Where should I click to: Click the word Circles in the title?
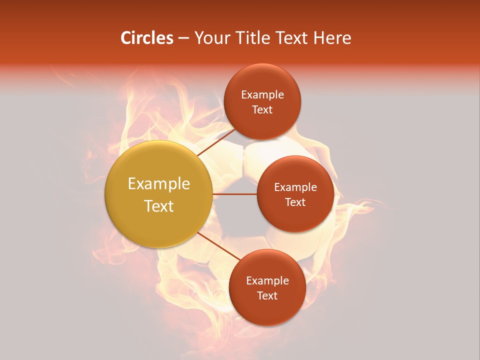pos(146,38)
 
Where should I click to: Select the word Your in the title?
pos(211,38)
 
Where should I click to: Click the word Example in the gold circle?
pos(159,184)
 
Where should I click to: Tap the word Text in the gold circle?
pos(159,206)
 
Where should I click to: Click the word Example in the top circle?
pos(262,95)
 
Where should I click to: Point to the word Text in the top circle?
pos(262,110)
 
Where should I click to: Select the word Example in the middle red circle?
pos(295,187)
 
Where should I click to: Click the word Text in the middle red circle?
pos(295,202)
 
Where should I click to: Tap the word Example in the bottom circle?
pos(267,281)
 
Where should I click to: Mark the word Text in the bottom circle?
pos(267,296)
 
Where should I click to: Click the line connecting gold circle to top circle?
pos(216,141)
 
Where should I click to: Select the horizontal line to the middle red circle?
pos(234,194)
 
